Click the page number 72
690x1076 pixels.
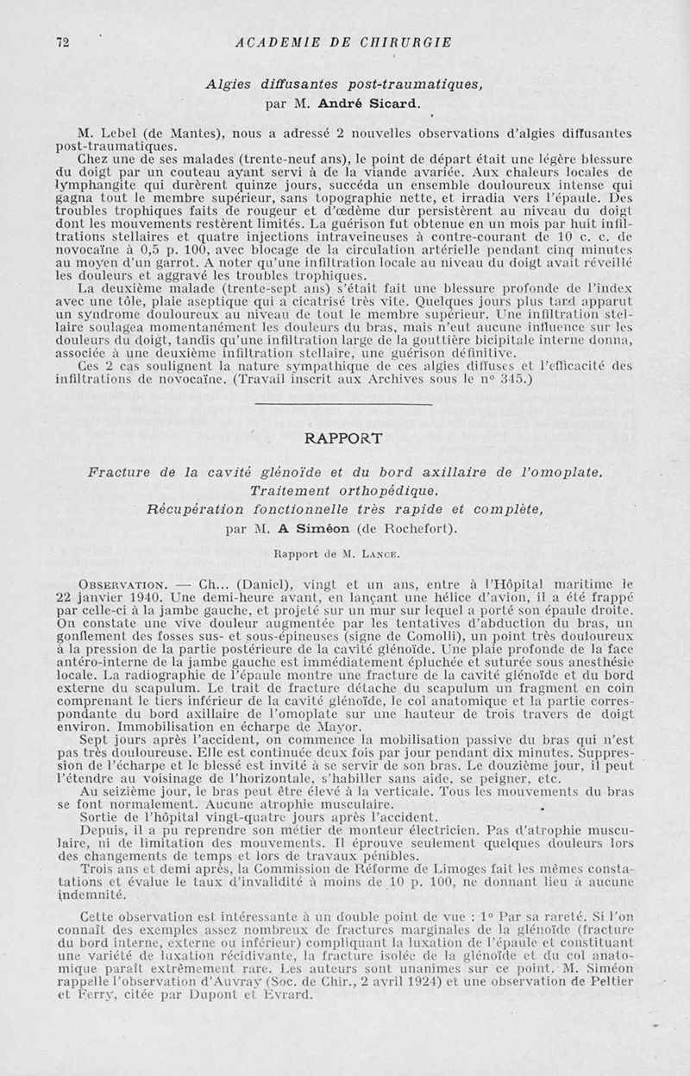pyautogui.click(x=62, y=41)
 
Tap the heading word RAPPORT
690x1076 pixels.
pyautogui.click(x=345, y=437)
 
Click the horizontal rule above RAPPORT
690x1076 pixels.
pyautogui.click(x=345, y=404)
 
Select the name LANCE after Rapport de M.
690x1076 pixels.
pyautogui.click(x=365, y=551)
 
